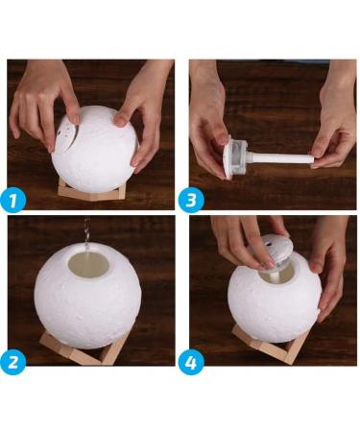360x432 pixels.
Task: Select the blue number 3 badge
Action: [x=192, y=200]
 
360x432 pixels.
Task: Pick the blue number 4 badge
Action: [x=192, y=363]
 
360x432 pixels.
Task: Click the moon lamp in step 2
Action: [x=87, y=292]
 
